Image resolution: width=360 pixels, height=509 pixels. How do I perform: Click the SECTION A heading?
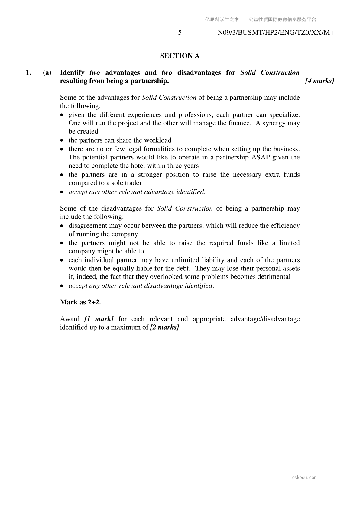click(x=180, y=56)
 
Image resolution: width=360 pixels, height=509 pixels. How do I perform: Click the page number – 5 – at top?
click(x=180, y=33)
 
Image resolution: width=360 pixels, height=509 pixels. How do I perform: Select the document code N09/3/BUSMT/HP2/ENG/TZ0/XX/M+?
click(x=276, y=33)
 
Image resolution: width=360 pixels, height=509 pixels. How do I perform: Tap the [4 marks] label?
click(x=319, y=81)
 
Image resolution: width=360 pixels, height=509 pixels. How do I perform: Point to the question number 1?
click(x=28, y=72)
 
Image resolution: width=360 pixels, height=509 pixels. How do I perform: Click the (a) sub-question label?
click(x=47, y=72)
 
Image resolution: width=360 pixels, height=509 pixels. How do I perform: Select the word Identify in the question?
click(x=72, y=72)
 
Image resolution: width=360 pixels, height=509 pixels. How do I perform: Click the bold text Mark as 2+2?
click(x=80, y=302)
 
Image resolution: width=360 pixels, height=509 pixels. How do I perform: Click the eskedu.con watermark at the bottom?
click(x=304, y=478)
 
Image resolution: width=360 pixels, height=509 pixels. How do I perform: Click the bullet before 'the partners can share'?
click(x=62, y=140)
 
